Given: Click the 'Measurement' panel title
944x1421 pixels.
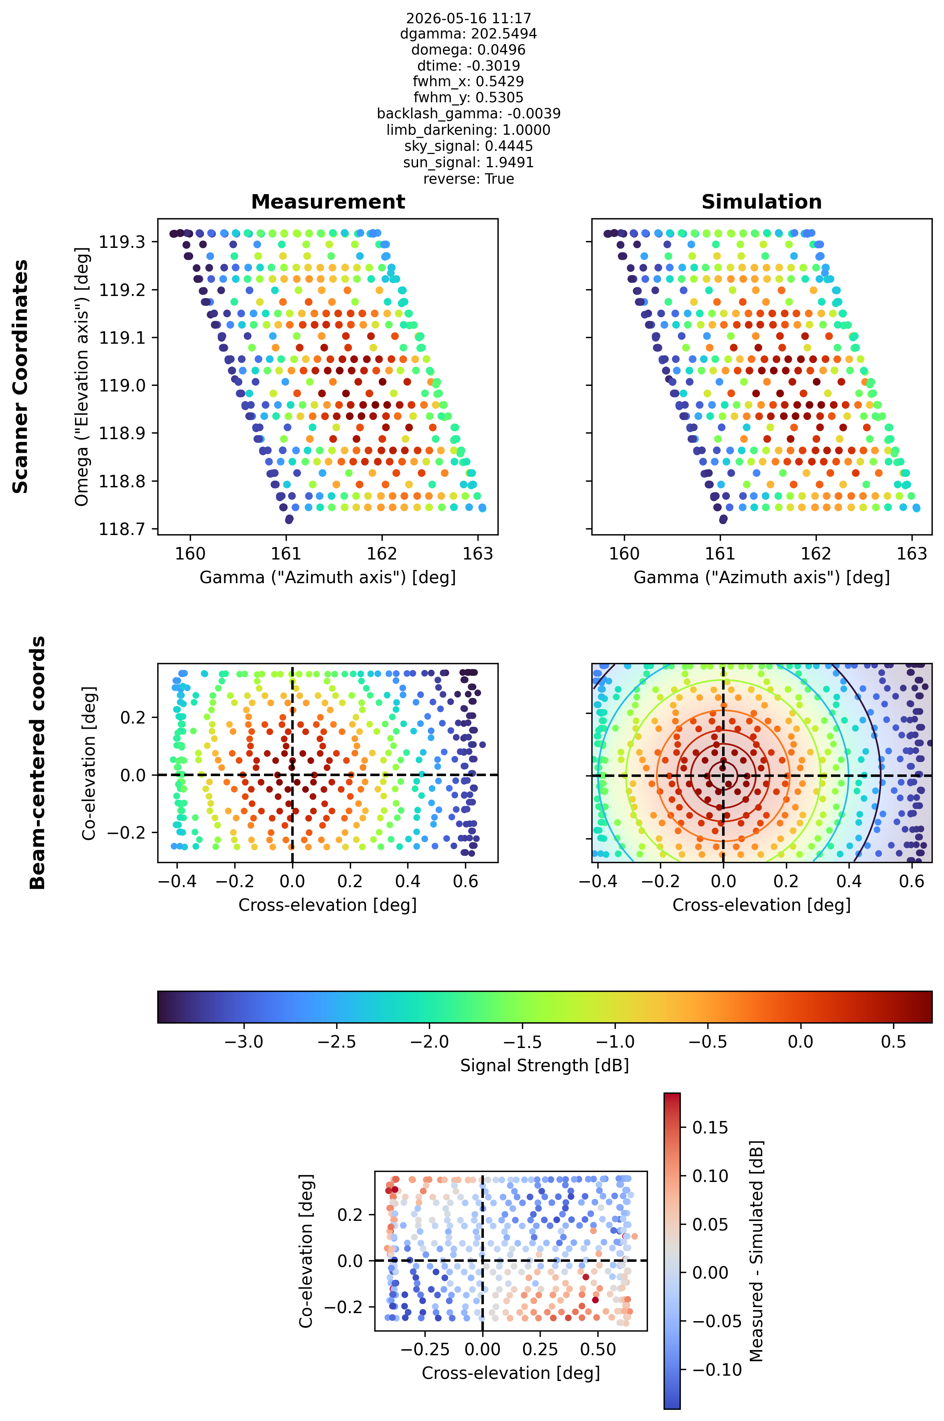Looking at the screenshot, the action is click(x=328, y=202).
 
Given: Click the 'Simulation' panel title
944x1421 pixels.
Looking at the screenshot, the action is click(x=761, y=202).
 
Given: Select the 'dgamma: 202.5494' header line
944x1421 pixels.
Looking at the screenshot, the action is click(x=468, y=34).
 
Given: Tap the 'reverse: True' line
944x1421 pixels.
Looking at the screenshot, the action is click(x=468, y=179).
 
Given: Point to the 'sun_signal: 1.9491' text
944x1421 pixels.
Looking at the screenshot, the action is click(x=468, y=162).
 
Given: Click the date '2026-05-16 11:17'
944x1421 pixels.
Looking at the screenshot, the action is click(x=468, y=18).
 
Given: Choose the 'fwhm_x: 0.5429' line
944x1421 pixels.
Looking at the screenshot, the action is click(x=468, y=81).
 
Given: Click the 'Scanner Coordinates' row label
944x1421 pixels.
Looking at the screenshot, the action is click(x=20, y=377).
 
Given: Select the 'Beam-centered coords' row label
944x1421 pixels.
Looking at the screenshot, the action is click(x=37, y=762).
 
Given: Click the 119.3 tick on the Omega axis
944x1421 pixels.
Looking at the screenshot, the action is click(x=122, y=242).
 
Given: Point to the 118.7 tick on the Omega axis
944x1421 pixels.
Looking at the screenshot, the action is click(x=122, y=529).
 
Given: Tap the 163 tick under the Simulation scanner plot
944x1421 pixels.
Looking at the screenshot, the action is click(x=912, y=554).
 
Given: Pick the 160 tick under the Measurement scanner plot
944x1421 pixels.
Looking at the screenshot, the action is click(x=190, y=554).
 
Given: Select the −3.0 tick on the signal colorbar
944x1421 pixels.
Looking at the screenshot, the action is click(x=244, y=1042).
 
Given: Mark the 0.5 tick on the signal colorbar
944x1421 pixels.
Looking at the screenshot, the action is click(x=893, y=1042).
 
